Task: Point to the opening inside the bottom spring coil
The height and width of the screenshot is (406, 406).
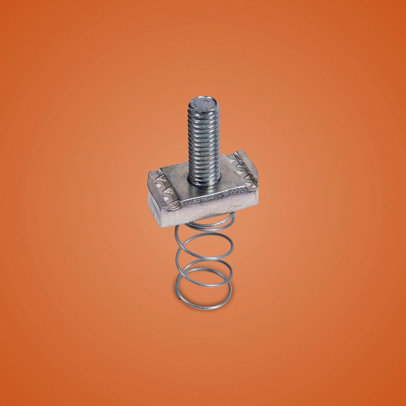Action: tap(203, 292)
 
